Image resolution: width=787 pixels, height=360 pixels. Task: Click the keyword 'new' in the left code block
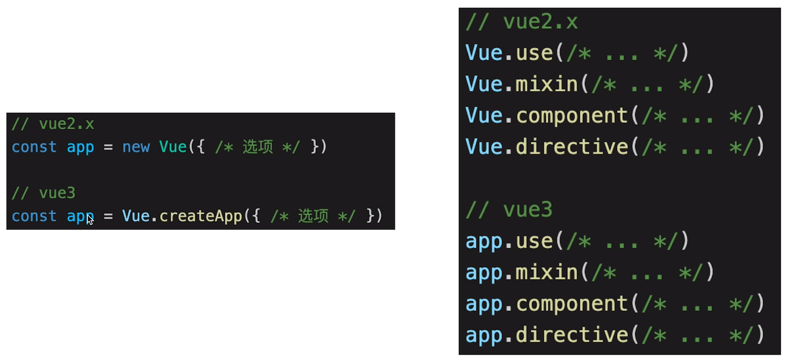136,147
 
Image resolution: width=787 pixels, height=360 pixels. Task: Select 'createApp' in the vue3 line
200,216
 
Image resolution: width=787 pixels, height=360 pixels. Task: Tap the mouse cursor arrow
90,220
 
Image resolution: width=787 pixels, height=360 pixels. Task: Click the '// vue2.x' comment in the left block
52,124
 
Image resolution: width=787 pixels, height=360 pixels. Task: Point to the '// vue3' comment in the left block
43,193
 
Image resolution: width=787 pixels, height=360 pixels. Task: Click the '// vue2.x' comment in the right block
522,22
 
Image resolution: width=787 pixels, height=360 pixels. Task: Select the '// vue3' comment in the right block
509,210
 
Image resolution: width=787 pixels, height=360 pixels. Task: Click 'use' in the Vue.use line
534,53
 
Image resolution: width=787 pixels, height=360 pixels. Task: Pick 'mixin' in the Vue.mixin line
547,84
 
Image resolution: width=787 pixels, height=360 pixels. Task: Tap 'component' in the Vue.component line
572,116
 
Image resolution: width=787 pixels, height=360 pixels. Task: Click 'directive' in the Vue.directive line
572,147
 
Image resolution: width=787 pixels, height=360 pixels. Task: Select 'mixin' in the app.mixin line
547,273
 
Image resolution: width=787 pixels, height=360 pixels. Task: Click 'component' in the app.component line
572,304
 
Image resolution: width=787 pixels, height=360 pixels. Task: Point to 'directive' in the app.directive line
572,335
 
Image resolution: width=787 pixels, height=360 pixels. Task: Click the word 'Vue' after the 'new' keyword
173,147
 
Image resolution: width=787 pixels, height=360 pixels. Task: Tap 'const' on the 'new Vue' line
34,147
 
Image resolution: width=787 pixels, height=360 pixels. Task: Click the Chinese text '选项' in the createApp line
313,216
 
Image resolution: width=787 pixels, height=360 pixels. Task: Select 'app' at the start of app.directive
484,335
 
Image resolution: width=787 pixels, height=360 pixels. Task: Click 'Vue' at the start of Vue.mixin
484,84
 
